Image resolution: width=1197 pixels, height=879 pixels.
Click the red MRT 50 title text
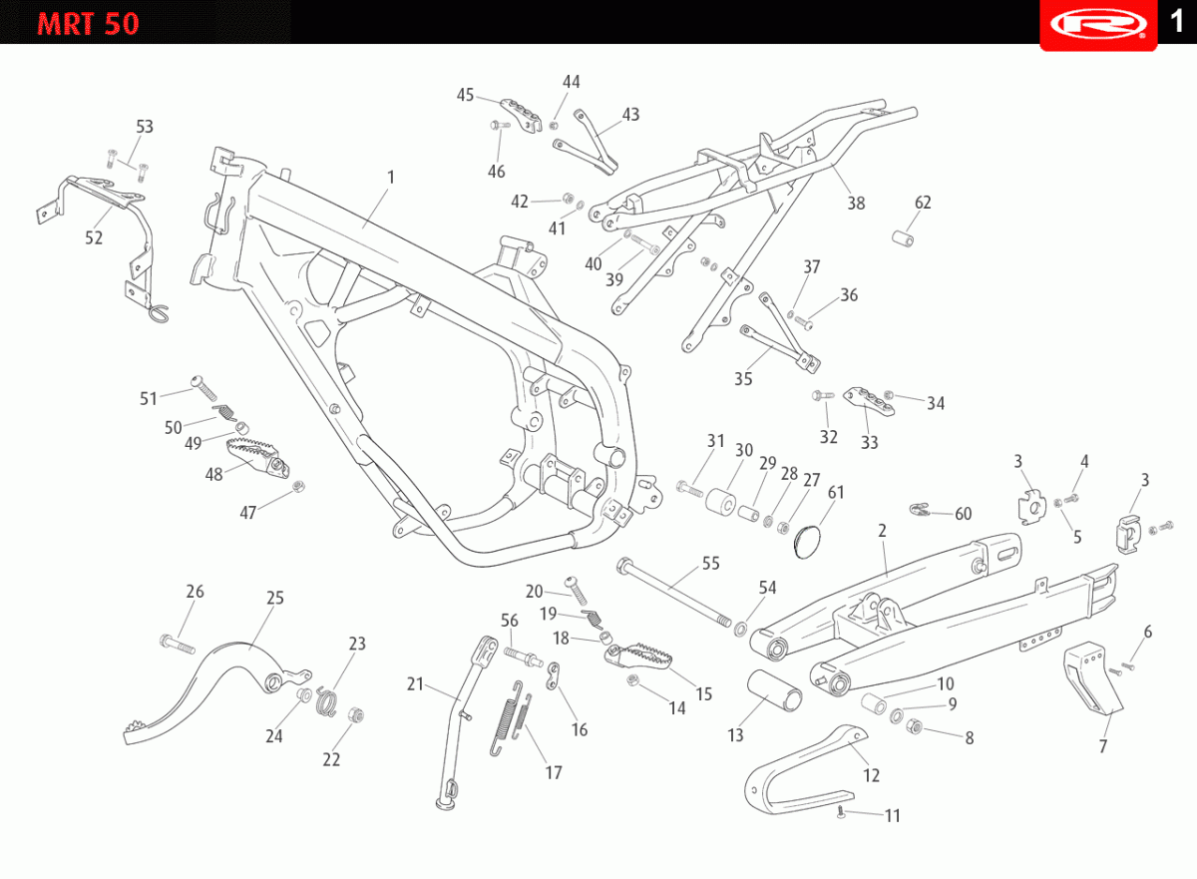click(x=88, y=24)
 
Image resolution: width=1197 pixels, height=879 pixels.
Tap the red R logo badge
click(x=1098, y=25)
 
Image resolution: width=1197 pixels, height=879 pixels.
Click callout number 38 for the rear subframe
click(x=856, y=204)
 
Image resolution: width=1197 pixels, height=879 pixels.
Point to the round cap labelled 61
click(x=807, y=543)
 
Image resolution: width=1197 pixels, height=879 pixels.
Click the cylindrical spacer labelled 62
click(x=903, y=239)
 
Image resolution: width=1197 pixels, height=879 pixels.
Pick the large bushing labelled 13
click(x=774, y=690)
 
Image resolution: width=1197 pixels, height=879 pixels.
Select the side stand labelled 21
click(x=466, y=721)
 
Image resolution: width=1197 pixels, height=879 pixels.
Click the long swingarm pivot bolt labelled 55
click(x=673, y=592)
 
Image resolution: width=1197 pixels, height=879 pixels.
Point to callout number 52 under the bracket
click(x=94, y=237)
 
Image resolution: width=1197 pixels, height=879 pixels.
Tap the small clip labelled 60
click(x=920, y=510)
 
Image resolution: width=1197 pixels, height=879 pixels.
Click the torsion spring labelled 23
click(x=325, y=701)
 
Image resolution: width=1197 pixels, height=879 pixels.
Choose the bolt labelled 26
click(x=177, y=644)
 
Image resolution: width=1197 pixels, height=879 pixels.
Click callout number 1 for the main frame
click(x=391, y=177)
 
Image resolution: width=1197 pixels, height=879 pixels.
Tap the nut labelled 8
click(x=915, y=726)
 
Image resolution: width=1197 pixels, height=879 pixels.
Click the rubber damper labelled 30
click(x=720, y=501)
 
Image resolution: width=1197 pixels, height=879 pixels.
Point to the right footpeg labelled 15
click(x=638, y=656)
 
